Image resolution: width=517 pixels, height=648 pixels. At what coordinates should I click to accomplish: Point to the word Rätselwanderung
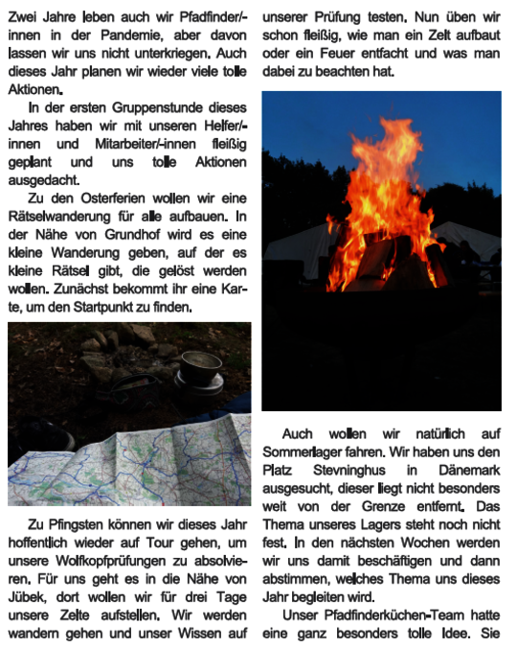tap(59, 216)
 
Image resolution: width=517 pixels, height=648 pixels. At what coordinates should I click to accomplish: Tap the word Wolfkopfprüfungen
tap(105, 561)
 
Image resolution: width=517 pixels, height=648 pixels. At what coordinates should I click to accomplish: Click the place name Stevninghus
tap(353, 470)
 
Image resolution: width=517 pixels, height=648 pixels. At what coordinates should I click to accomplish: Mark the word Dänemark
tap(467, 470)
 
